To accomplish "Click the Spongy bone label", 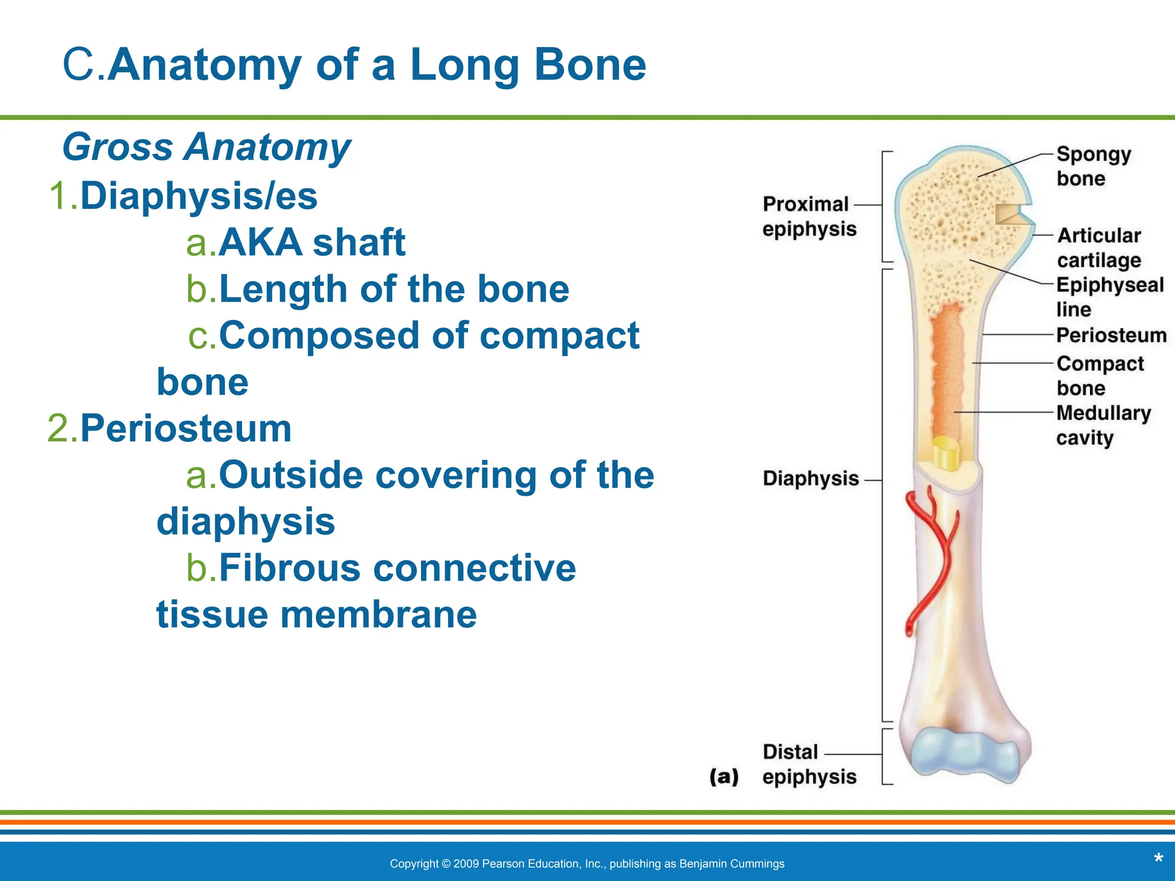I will click(x=1092, y=166).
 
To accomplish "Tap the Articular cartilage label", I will click(x=1099, y=248).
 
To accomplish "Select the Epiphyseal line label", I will click(x=1109, y=297).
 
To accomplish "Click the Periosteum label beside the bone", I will click(x=1111, y=335).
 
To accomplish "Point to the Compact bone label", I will click(x=1099, y=376).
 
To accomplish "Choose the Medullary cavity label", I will click(x=1103, y=425).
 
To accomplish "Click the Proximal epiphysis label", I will click(x=808, y=216).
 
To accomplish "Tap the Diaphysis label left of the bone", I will click(x=810, y=478).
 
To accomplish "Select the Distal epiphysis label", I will click(x=808, y=764).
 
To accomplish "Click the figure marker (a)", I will click(x=723, y=777).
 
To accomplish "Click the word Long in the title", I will click(x=464, y=65).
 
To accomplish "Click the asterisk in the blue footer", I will click(x=1158, y=859).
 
